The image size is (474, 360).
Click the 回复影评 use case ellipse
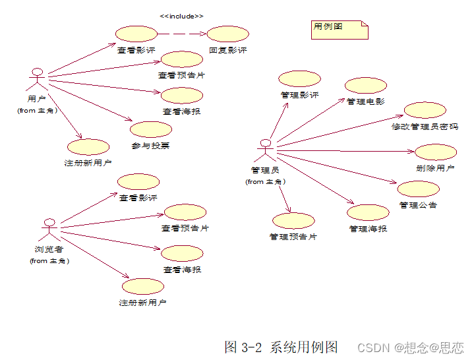tap(227, 34)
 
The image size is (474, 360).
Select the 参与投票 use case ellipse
tap(151, 129)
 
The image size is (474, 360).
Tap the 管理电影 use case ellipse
tap(366, 86)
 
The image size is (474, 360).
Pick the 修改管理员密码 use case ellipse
tap(425, 110)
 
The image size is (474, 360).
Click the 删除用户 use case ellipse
tap(436, 152)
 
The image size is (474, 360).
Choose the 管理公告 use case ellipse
tap(418, 189)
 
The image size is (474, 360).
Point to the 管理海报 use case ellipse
tap(368, 213)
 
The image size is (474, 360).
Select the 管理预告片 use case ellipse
tap(293, 221)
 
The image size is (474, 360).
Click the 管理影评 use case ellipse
tap(299, 78)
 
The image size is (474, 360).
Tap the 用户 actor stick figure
tap(37, 79)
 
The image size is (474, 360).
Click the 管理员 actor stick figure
tap(264, 150)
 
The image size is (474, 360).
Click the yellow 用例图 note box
tap(340, 29)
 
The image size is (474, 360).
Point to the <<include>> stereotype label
tap(181, 16)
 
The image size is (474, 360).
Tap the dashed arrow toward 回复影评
tap(182, 34)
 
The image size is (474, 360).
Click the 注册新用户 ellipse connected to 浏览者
tap(143, 287)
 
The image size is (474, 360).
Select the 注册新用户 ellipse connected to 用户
tap(88, 147)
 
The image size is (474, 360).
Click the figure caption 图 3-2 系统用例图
tap(281, 347)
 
